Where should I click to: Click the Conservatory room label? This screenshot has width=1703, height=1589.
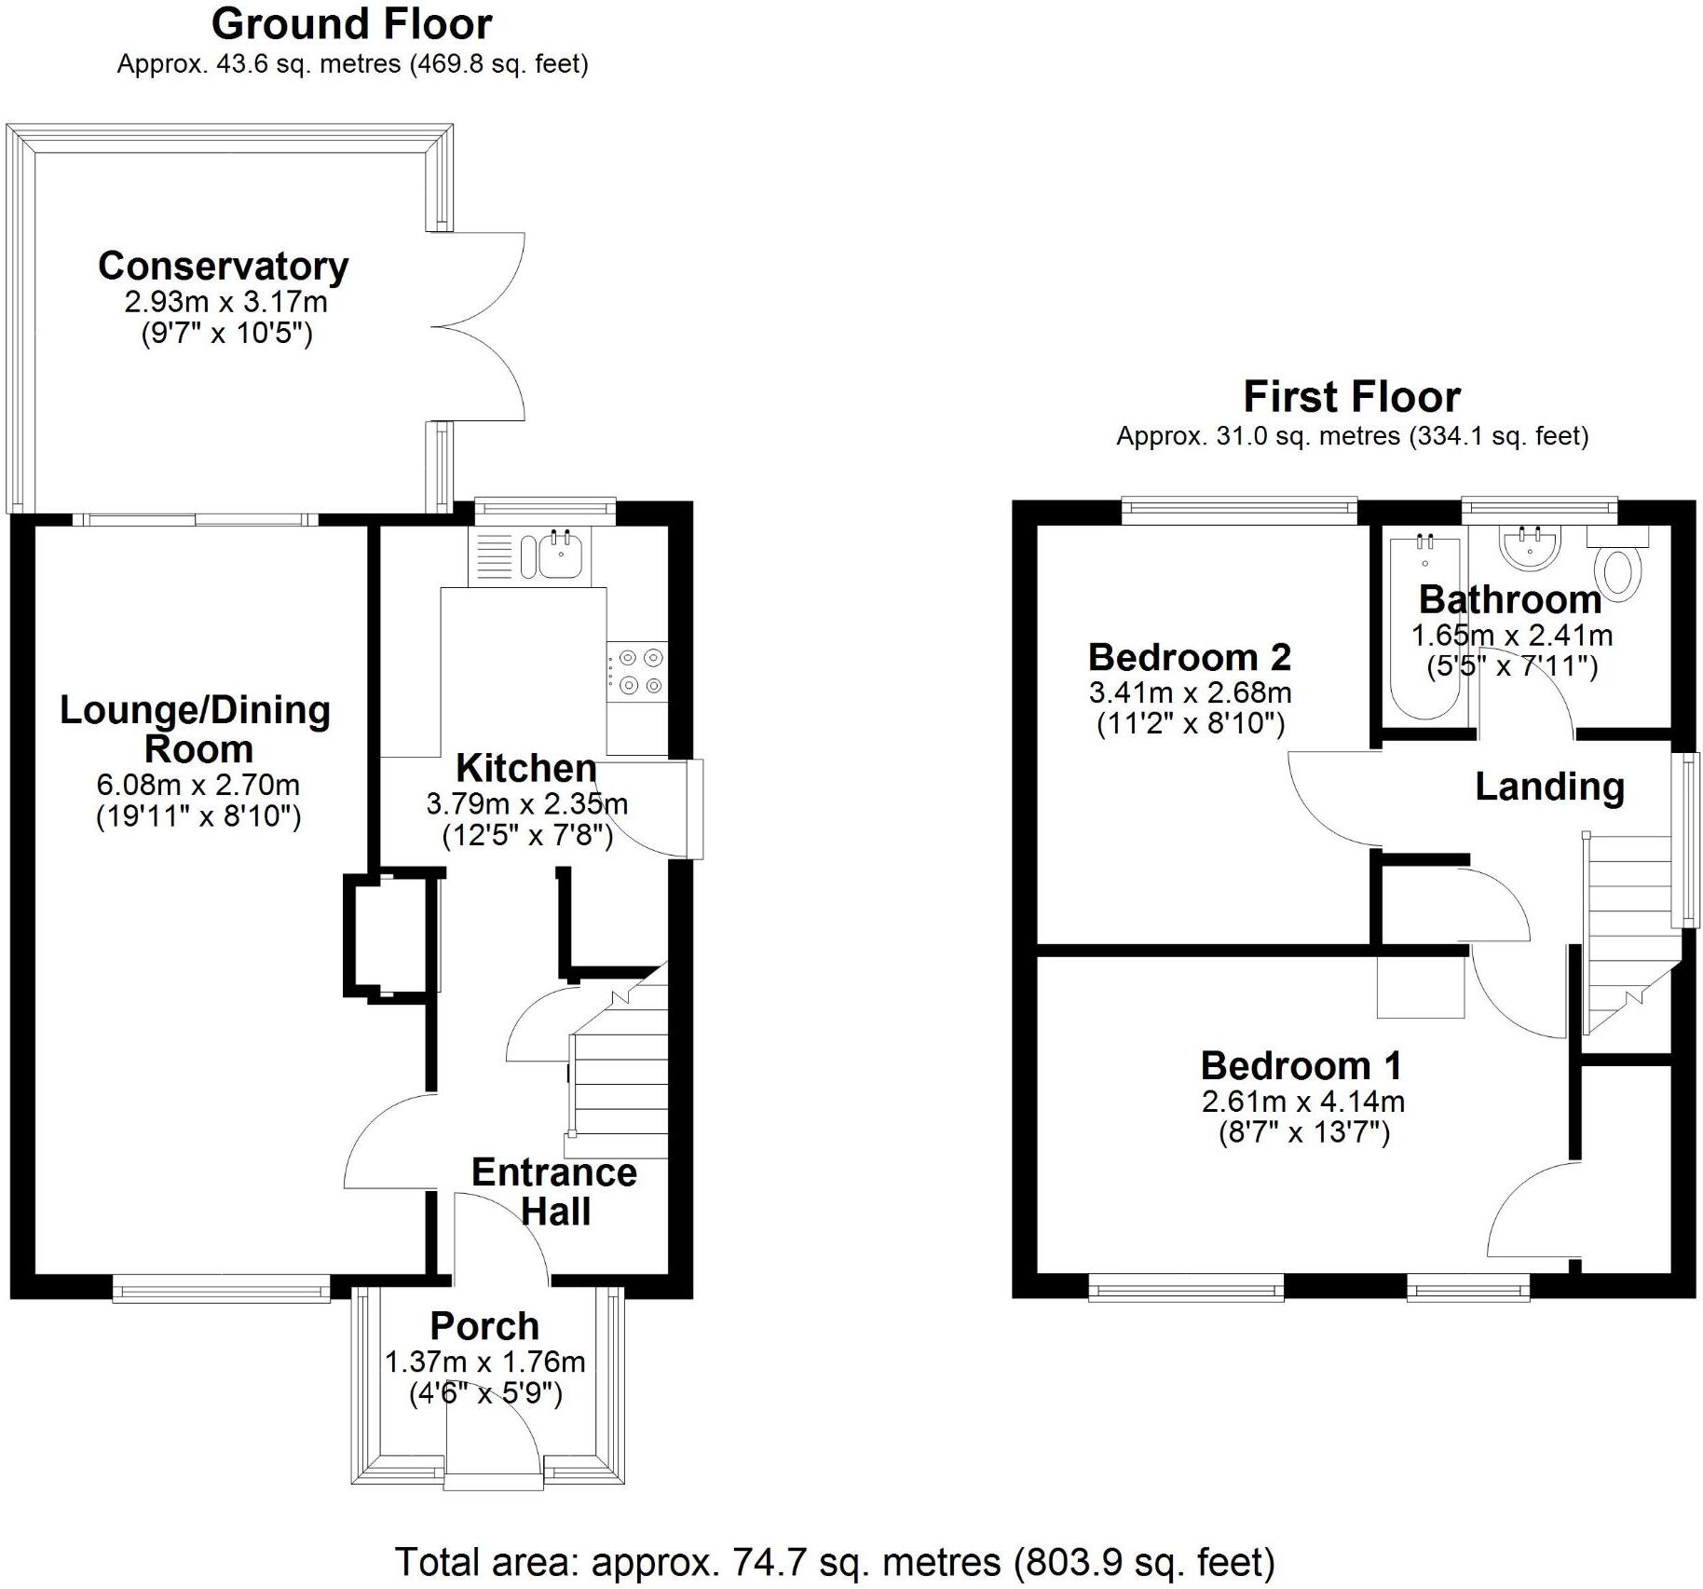(223, 267)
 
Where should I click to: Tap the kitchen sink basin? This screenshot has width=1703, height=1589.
(560, 557)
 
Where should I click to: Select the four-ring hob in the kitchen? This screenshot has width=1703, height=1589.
(637, 671)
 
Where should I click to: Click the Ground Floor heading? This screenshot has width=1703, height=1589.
(351, 24)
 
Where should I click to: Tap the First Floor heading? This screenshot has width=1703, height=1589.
(1351, 397)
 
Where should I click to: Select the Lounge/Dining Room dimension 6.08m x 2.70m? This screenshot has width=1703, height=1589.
(198, 785)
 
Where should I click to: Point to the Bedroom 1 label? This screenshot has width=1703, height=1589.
(1301, 1065)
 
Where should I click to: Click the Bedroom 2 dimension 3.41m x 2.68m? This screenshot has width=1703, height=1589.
(1190, 692)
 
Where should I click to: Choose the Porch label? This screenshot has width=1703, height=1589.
(484, 1326)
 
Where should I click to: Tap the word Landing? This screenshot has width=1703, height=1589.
(1549, 787)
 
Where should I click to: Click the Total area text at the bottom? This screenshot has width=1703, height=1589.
(835, 1561)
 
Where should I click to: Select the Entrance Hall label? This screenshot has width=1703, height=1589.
(554, 1191)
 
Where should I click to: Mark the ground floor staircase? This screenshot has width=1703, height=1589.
(620, 1072)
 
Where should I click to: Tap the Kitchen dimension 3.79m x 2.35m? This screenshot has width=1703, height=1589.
(526, 803)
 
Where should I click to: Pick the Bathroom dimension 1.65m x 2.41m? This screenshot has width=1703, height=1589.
(1511, 636)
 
